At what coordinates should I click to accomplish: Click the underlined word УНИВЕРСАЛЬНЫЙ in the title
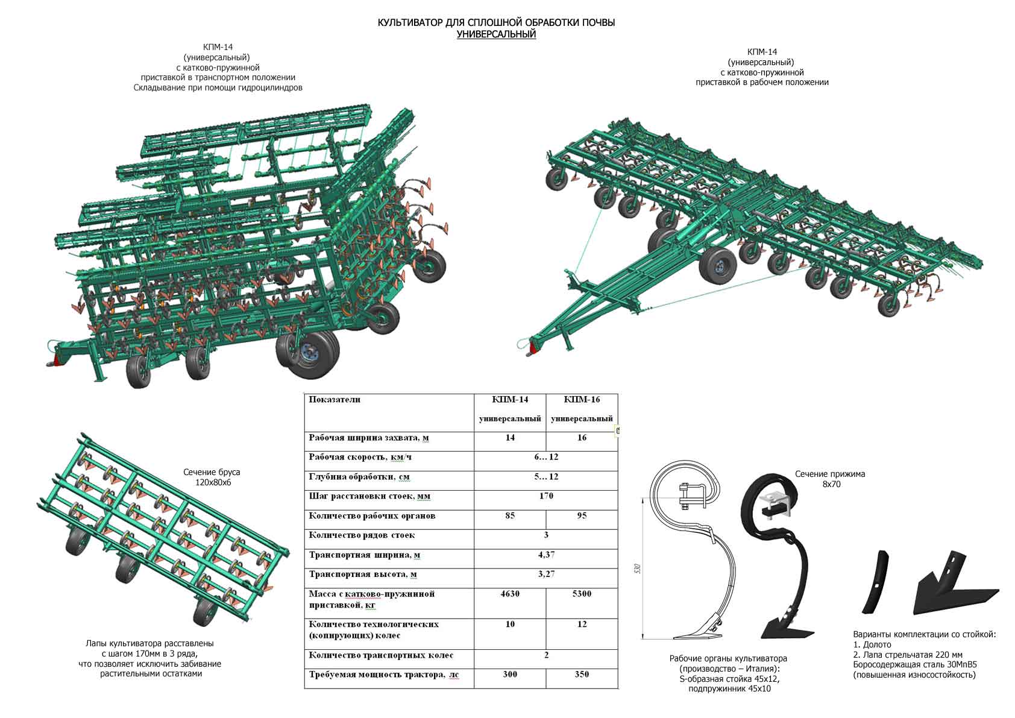[x=496, y=34]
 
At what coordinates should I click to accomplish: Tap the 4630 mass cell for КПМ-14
[x=510, y=593]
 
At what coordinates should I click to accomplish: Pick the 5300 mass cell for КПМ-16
[x=582, y=593]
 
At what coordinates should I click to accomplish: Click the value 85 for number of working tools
[x=510, y=515]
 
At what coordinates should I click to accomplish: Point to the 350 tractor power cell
[x=582, y=674]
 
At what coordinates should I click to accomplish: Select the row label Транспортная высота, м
[x=363, y=575]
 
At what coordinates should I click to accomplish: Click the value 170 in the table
[x=546, y=496]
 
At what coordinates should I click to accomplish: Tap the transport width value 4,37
[x=546, y=555]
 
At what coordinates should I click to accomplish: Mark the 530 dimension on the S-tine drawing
[x=638, y=568]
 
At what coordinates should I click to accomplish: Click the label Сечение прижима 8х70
[x=830, y=479]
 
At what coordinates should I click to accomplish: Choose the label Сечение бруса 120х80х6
[x=212, y=477]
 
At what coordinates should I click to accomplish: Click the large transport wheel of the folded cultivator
[x=308, y=353]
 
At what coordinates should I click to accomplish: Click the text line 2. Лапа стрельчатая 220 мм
[x=908, y=655]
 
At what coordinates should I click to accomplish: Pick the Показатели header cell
[x=335, y=399]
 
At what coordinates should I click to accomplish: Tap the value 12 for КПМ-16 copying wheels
[x=582, y=624]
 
